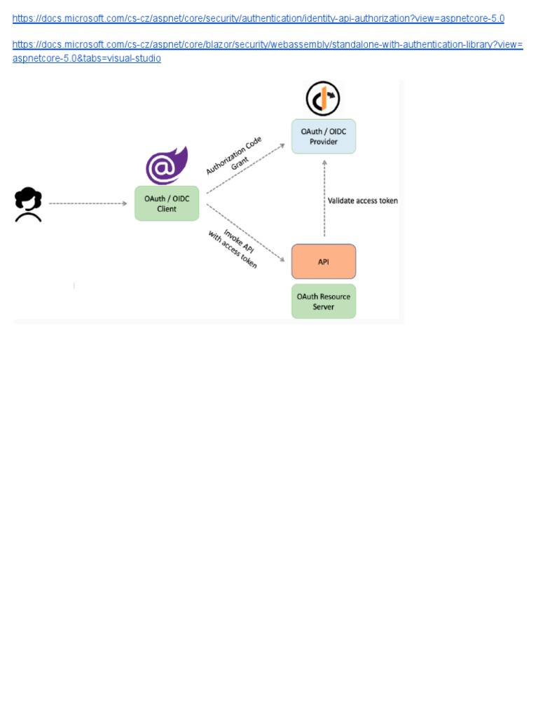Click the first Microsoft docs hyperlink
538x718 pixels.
(258, 18)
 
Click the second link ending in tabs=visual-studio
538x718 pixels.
(268, 45)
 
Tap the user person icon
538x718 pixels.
(28, 205)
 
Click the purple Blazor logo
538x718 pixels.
(167, 166)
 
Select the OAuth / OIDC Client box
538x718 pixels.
(167, 203)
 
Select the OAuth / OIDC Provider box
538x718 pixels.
(324, 136)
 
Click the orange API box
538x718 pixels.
(324, 262)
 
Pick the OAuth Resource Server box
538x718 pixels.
(324, 302)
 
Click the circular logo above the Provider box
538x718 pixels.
(323, 99)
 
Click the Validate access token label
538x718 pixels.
(363, 201)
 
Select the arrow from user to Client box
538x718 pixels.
(88, 203)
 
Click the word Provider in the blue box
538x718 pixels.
(324, 142)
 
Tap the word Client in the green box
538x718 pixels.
(167, 209)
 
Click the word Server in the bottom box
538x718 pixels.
(324, 307)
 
